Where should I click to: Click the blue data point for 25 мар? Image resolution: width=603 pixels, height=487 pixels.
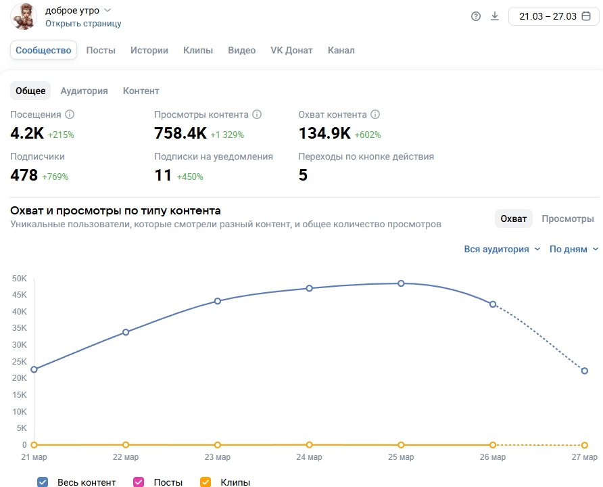(401, 283)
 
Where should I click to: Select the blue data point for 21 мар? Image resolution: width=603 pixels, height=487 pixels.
(34, 369)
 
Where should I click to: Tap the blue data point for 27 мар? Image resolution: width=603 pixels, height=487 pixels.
(585, 371)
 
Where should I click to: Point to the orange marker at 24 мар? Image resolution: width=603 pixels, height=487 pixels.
(310, 444)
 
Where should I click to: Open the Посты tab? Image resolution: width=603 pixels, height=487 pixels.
(101, 50)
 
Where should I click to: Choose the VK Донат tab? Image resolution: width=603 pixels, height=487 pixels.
(291, 50)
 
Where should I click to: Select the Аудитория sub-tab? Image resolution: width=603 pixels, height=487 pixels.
(84, 91)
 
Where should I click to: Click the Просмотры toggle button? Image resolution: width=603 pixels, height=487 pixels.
(568, 218)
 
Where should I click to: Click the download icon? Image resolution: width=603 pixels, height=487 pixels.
(495, 16)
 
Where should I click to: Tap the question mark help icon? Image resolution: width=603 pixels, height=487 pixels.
(476, 16)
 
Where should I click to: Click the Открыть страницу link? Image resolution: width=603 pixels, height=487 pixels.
(83, 23)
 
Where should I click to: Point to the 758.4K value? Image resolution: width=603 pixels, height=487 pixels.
(180, 133)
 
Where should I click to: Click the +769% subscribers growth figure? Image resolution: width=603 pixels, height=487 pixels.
(55, 177)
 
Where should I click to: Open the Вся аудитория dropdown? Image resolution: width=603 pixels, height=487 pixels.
(502, 249)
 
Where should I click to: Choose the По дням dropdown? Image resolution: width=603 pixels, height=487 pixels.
(573, 249)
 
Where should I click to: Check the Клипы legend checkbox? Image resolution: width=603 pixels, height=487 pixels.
(206, 482)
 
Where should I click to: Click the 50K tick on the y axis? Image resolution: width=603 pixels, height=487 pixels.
(19, 279)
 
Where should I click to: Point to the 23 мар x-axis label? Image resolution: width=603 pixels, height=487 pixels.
(217, 458)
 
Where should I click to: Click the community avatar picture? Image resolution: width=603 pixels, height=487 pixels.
(24, 16)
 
